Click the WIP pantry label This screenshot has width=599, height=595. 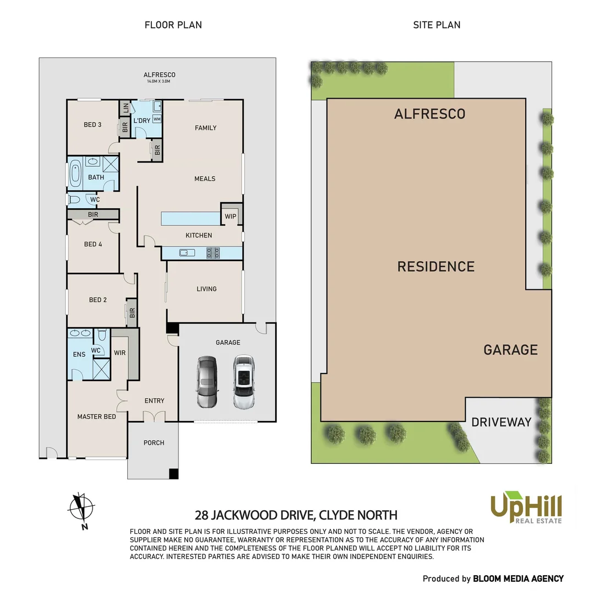point(231,217)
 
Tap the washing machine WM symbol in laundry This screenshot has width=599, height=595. point(157,119)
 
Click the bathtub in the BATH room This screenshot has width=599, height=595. point(75,172)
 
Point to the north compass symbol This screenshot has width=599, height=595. point(81,508)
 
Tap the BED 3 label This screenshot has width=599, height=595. point(92,125)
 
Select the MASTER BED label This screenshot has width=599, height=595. point(96,416)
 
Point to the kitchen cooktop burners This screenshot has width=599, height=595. point(213,253)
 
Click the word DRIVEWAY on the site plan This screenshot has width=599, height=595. point(502,423)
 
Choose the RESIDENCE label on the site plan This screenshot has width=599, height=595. point(435,267)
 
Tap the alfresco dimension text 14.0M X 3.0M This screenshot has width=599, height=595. point(159,82)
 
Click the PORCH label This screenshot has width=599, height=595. point(154,443)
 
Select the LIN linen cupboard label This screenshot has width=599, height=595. point(126,107)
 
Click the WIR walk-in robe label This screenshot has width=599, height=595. point(119,353)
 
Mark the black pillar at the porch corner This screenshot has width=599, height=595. point(174,474)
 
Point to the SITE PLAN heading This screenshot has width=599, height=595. point(437,25)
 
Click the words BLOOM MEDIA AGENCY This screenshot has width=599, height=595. point(519,578)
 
